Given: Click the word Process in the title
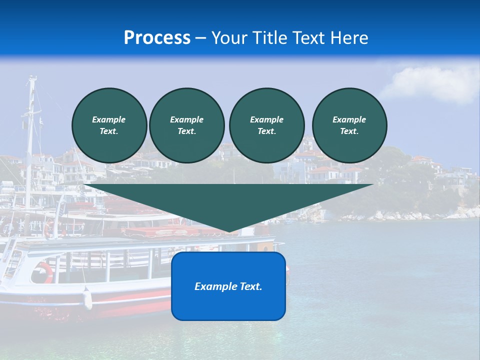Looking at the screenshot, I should (x=157, y=38).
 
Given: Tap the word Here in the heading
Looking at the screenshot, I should (x=348, y=38).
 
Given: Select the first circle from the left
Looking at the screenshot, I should (x=109, y=125).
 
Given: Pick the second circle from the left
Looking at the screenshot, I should (x=186, y=125).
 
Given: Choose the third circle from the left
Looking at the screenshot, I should (x=266, y=125).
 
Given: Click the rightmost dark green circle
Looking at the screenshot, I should (x=349, y=125).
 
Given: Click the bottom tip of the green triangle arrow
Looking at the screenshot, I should (x=228, y=231).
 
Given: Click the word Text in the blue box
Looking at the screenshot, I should (x=251, y=286).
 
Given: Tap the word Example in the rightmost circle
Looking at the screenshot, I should (x=349, y=119).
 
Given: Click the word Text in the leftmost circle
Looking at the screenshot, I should (x=108, y=131).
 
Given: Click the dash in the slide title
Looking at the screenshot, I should (x=200, y=38).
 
